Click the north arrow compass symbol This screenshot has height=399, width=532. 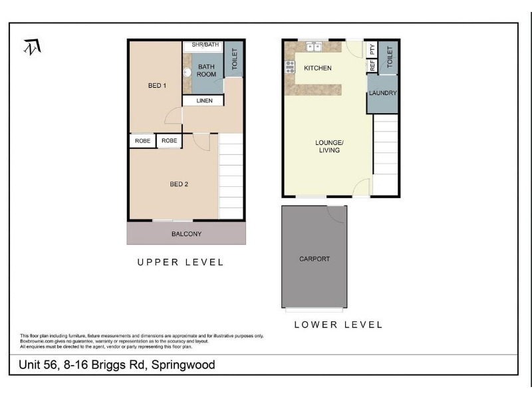33,47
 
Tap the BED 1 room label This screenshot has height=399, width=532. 157,86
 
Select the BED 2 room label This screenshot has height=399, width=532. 179,184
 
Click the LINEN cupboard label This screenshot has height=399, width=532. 204,101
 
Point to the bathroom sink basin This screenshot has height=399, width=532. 188,72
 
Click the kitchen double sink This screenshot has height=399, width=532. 314,47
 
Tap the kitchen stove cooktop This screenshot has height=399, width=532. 290,67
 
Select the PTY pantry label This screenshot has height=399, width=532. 372,49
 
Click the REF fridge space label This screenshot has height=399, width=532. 372,65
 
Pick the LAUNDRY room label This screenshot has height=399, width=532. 383,93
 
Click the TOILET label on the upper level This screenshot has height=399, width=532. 235,59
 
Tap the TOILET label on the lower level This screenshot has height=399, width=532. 390,57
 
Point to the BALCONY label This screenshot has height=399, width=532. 187,234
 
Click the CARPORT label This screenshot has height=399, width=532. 315,259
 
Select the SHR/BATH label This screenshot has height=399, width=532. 205,45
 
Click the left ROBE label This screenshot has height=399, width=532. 142,141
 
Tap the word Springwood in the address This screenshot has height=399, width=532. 184,364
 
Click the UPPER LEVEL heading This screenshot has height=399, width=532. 180,262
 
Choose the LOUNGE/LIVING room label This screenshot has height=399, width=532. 329,146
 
